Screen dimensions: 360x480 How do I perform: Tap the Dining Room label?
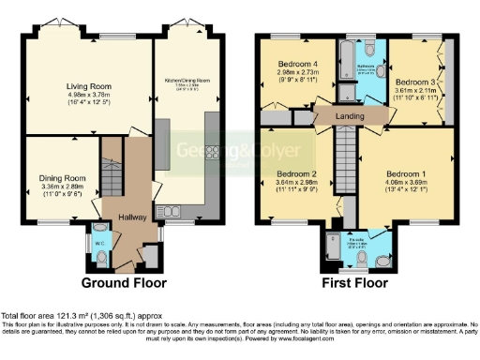[63, 177]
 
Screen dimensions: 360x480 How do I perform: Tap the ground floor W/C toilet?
[100, 250]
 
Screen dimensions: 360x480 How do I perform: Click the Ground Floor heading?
[124, 282]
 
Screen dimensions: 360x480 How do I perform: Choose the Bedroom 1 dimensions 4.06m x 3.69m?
[405, 182]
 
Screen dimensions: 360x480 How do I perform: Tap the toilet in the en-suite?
[379, 253]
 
